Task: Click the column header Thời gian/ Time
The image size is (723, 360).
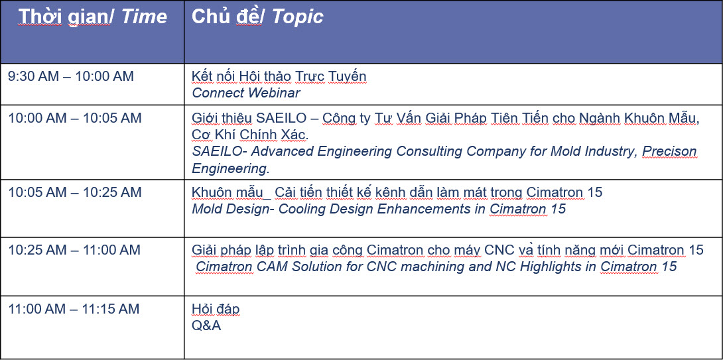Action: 93,17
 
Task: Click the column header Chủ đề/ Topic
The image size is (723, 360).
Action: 257,17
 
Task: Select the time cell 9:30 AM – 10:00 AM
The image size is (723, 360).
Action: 71,76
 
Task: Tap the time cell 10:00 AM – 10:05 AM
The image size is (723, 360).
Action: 75,118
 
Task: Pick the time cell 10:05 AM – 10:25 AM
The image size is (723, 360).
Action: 75,192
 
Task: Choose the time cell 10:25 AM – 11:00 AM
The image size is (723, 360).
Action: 74,250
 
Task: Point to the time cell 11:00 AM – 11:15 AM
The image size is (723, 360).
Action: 74,309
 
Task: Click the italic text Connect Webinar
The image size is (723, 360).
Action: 246,93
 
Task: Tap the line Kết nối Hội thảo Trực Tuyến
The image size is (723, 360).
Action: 279,76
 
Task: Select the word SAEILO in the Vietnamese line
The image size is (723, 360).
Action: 281,118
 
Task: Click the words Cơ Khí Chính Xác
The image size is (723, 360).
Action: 250,135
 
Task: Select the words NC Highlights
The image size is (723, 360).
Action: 549,267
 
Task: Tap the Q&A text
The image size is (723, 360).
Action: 206,326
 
